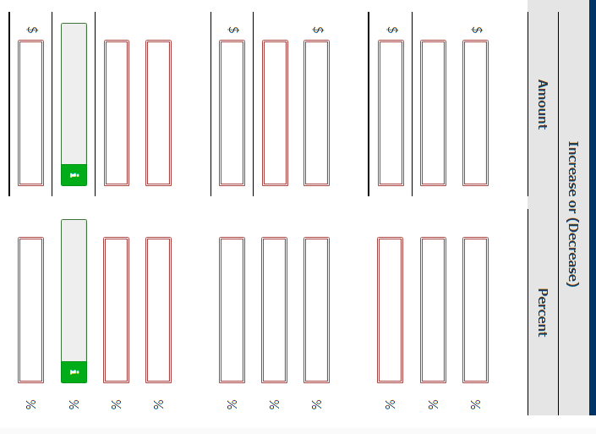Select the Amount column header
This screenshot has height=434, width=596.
pyautogui.click(x=543, y=105)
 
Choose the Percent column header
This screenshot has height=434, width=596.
pyautogui.click(x=543, y=313)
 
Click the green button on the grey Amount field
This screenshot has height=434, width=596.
pyautogui.click(x=74, y=175)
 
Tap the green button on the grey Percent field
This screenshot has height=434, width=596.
pyautogui.click(x=74, y=371)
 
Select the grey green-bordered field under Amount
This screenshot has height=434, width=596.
pyautogui.click(x=74, y=105)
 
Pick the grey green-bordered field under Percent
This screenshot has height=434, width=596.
pyautogui.click(x=74, y=301)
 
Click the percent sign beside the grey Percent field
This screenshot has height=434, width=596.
pyautogui.click(x=74, y=404)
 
